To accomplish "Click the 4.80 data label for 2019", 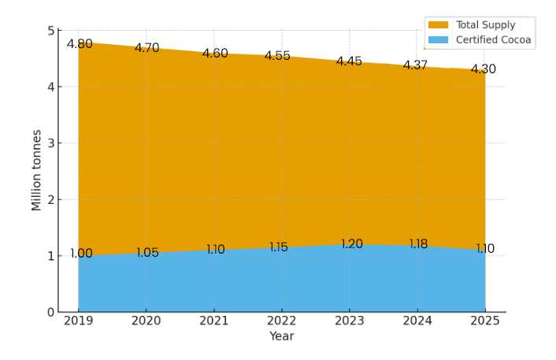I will [x=80, y=44].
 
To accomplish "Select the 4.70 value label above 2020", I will [x=146, y=48].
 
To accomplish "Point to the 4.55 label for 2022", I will [x=277, y=56].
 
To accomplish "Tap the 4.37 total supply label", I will [x=415, y=65].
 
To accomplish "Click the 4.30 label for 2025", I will [x=483, y=69].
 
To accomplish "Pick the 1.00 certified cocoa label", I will [x=81, y=254].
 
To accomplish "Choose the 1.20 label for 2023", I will [x=351, y=244].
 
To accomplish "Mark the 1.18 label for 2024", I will [x=418, y=244].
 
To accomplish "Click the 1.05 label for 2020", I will [x=147, y=253].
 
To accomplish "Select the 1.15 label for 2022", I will [x=279, y=247].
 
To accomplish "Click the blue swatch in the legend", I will [x=438, y=39].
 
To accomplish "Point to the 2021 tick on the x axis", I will [x=213, y=321].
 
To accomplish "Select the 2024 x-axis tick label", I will [x=417, y=321].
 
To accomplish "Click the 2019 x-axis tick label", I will [x=78, y=321].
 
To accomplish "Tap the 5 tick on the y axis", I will [x=50, y=31].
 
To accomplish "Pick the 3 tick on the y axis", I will [x=50, y=143].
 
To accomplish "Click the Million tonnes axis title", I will [x=36, y=170].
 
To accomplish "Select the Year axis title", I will [x=281, y=336].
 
